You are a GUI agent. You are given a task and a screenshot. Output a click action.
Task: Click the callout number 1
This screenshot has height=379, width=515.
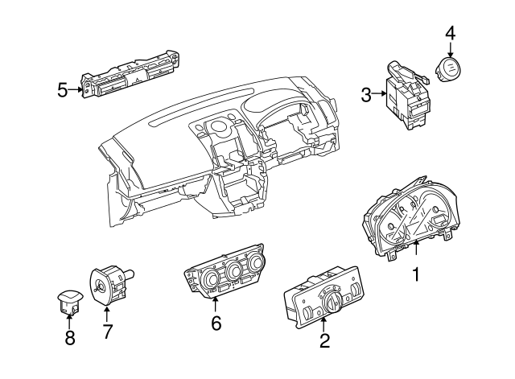click(417, 275)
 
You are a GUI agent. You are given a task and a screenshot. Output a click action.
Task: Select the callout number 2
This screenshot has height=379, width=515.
click(324, 340)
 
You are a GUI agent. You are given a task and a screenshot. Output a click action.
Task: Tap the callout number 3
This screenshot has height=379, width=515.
click(366, 95)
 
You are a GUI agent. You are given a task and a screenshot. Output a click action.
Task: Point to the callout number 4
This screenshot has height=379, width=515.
click(450, 33)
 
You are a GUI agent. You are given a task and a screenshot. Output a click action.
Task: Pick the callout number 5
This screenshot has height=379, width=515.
click(63, 90)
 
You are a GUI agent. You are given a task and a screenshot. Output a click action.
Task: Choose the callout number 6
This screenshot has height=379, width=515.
click(216, 323)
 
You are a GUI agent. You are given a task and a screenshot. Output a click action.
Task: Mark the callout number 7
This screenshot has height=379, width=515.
click(107, 330)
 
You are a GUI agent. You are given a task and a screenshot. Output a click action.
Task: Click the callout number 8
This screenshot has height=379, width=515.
click(69, 339)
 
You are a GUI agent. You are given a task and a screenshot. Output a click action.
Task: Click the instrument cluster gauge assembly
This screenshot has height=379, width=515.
click(410, 217)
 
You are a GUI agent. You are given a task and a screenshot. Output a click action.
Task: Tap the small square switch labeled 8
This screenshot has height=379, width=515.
click(68, 300)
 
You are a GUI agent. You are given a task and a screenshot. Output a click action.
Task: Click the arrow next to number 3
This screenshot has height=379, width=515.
click(381, 95)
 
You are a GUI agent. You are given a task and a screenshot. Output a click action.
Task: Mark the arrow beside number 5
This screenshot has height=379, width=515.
click(77, 90)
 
